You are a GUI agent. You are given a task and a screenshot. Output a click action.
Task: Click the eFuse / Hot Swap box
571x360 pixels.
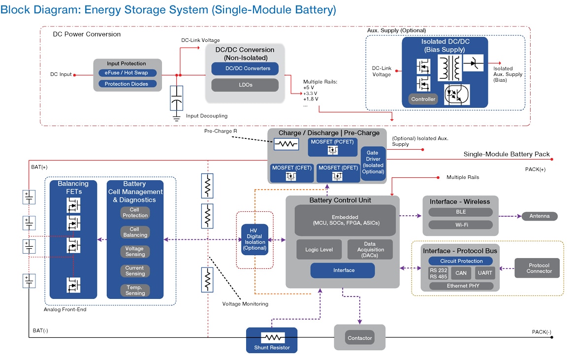point(127,73)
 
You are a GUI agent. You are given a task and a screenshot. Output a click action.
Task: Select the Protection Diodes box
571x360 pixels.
point(127,84)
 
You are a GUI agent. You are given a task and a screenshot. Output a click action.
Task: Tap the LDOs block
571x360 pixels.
point(245,85)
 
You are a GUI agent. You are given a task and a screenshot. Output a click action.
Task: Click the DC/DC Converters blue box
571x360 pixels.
point(245,68)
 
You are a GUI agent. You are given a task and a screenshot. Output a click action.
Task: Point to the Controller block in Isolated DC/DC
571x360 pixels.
point(423,99)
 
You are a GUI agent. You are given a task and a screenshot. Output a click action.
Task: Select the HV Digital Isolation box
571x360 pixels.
point(254,240)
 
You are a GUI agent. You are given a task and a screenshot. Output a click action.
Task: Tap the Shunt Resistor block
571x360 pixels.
point(272,340)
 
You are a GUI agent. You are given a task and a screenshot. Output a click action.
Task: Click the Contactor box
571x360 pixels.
point(360,338)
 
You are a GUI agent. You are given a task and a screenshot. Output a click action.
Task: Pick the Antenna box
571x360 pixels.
point(539,216)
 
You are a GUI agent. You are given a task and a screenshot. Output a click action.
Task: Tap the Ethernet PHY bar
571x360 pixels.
point(461,286)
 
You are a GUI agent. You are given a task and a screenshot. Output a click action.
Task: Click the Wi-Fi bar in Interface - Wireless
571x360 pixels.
point(460,225)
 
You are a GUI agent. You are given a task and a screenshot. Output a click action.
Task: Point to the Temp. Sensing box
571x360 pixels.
point(135,290)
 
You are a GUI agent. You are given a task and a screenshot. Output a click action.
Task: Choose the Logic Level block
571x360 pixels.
point(319,250)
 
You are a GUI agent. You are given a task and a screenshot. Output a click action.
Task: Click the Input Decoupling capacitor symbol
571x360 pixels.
point(177,99)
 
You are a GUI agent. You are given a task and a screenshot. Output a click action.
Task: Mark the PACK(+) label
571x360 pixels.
point(536,169)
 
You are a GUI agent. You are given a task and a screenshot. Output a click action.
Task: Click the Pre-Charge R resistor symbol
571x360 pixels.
point(286,144)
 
